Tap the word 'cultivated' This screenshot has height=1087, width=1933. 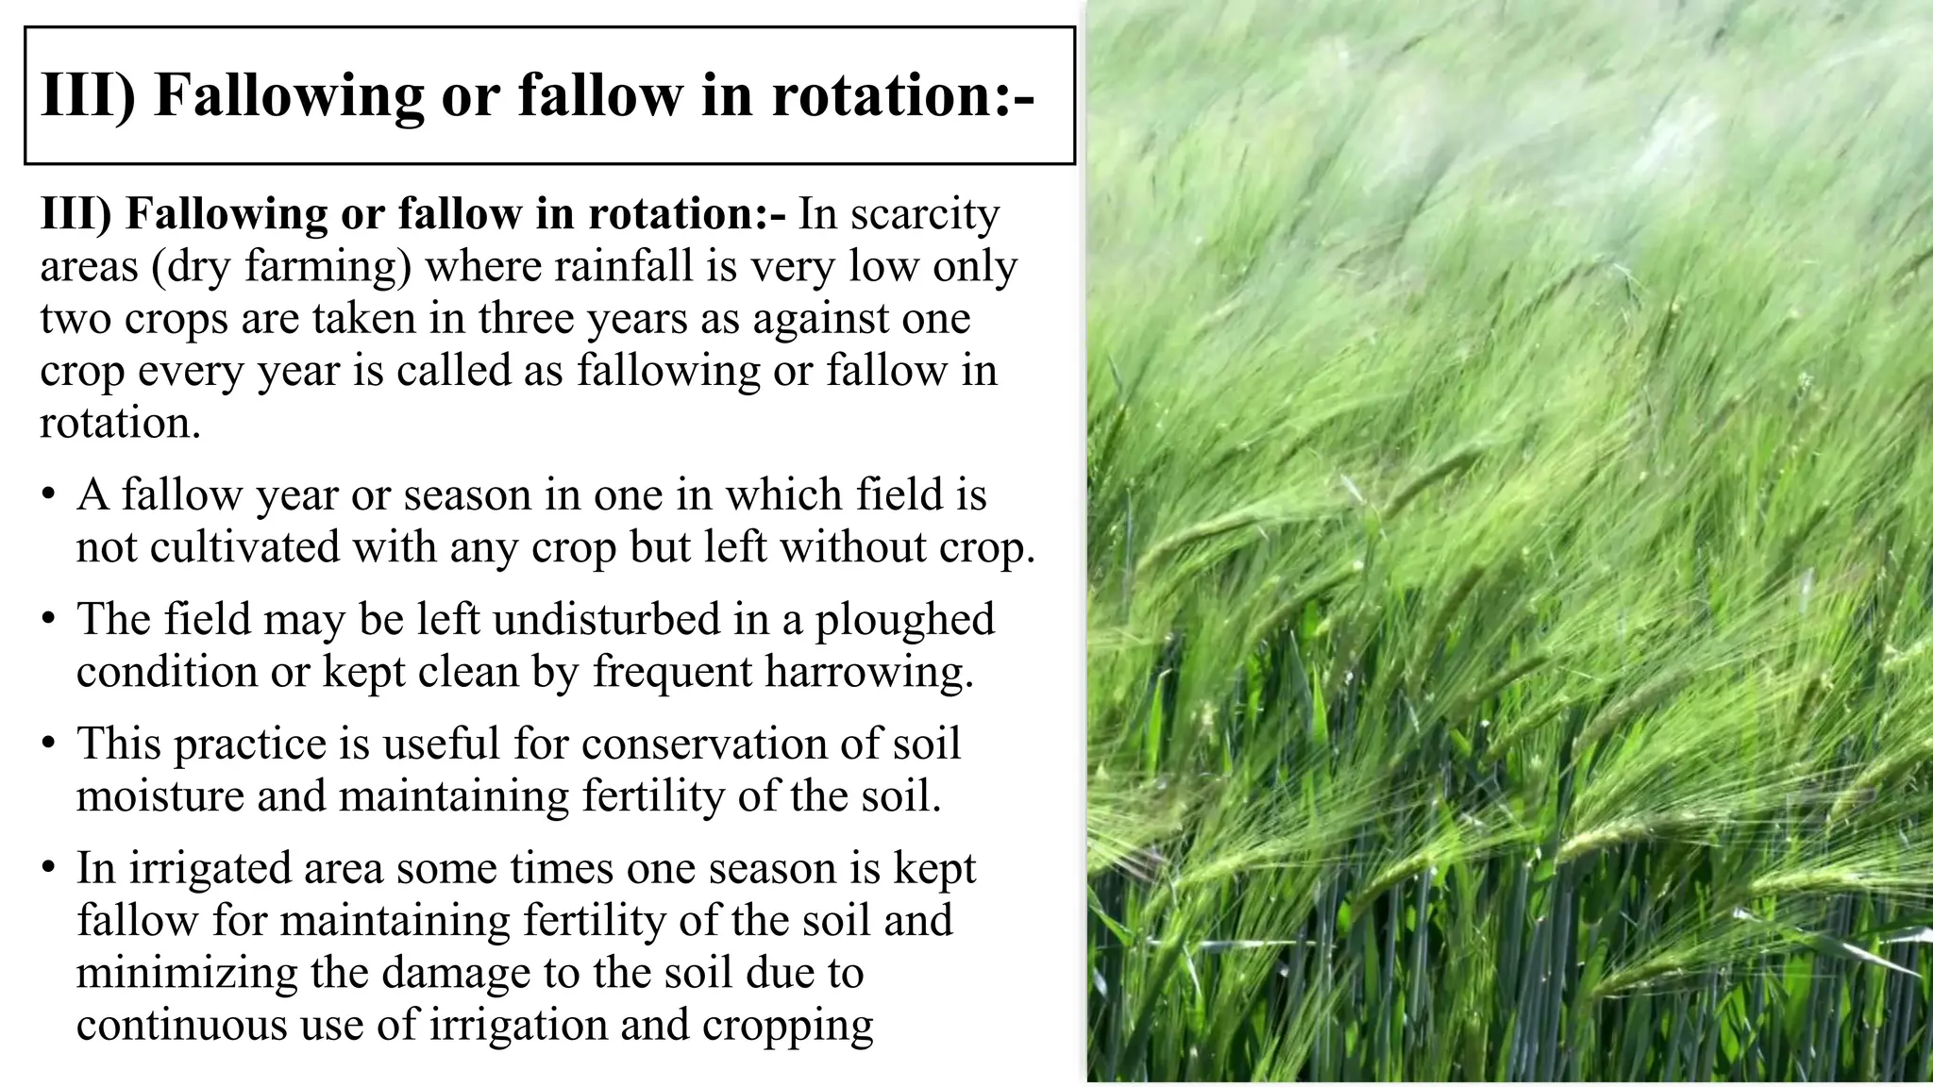(244, 547)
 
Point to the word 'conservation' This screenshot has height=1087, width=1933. (703, 744)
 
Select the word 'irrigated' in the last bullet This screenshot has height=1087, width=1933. (210, 870)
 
